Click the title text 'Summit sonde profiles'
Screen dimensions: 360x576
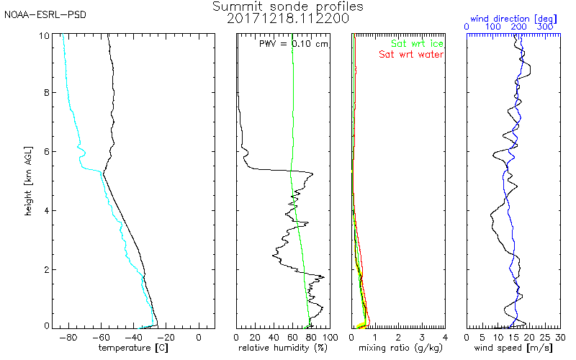(x=288, y=6)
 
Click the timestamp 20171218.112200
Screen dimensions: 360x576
(x=288, y=18)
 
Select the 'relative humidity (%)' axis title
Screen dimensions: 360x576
(x=282, y=348)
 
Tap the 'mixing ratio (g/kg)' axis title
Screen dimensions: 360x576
(x=399, y=348)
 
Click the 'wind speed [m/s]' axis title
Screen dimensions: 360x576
(x=514, y=348)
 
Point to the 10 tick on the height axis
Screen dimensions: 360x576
(x=45, y=36)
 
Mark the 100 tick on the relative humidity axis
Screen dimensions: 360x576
(x=329, y=336)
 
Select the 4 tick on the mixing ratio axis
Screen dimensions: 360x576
(x=445, y=336)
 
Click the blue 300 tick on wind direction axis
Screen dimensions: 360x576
(x=545, y=27)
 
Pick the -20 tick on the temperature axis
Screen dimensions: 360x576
(x=166, y=336)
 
